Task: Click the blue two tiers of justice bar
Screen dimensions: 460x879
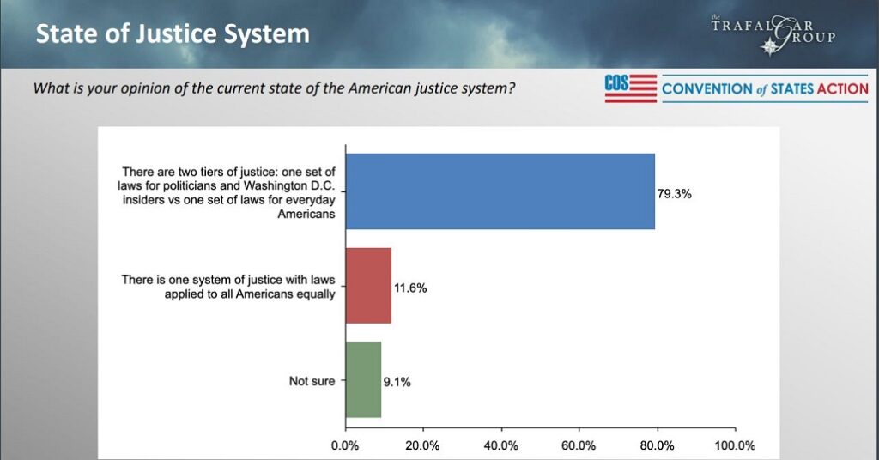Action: pyautogui.click(x=500, y=191)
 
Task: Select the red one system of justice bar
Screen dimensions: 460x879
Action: pyautogui.click(x=368, y=286)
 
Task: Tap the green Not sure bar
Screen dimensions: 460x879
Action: pyautogui.click(x=363, y=380)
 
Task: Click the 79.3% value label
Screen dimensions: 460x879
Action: pyautogui.click(x=674, y=194)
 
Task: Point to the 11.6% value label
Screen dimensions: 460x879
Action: pyautogui.click(x=409, y=288)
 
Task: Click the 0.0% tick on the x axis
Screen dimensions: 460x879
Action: pyautogui.click(x=345, y=445)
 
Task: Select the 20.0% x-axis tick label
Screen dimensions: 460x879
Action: pyautogui.click(x=422, y=445)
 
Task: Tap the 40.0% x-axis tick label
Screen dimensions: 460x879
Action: pyautogui.click(x=500, y=445)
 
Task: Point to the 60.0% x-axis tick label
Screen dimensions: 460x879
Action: pyautogui.click(x=579, y=445)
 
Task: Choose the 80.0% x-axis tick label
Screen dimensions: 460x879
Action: pyautogui.click(x=657, y=445)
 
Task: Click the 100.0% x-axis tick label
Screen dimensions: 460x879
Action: pyautogui.click(x=735, y=445)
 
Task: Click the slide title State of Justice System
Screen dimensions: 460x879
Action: pyautogui.click(x=172, y=34)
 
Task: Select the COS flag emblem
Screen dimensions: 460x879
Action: pyautogui.click(x=630, y=88)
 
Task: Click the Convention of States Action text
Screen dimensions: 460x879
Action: pyautogui.click(x=765, y=88)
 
